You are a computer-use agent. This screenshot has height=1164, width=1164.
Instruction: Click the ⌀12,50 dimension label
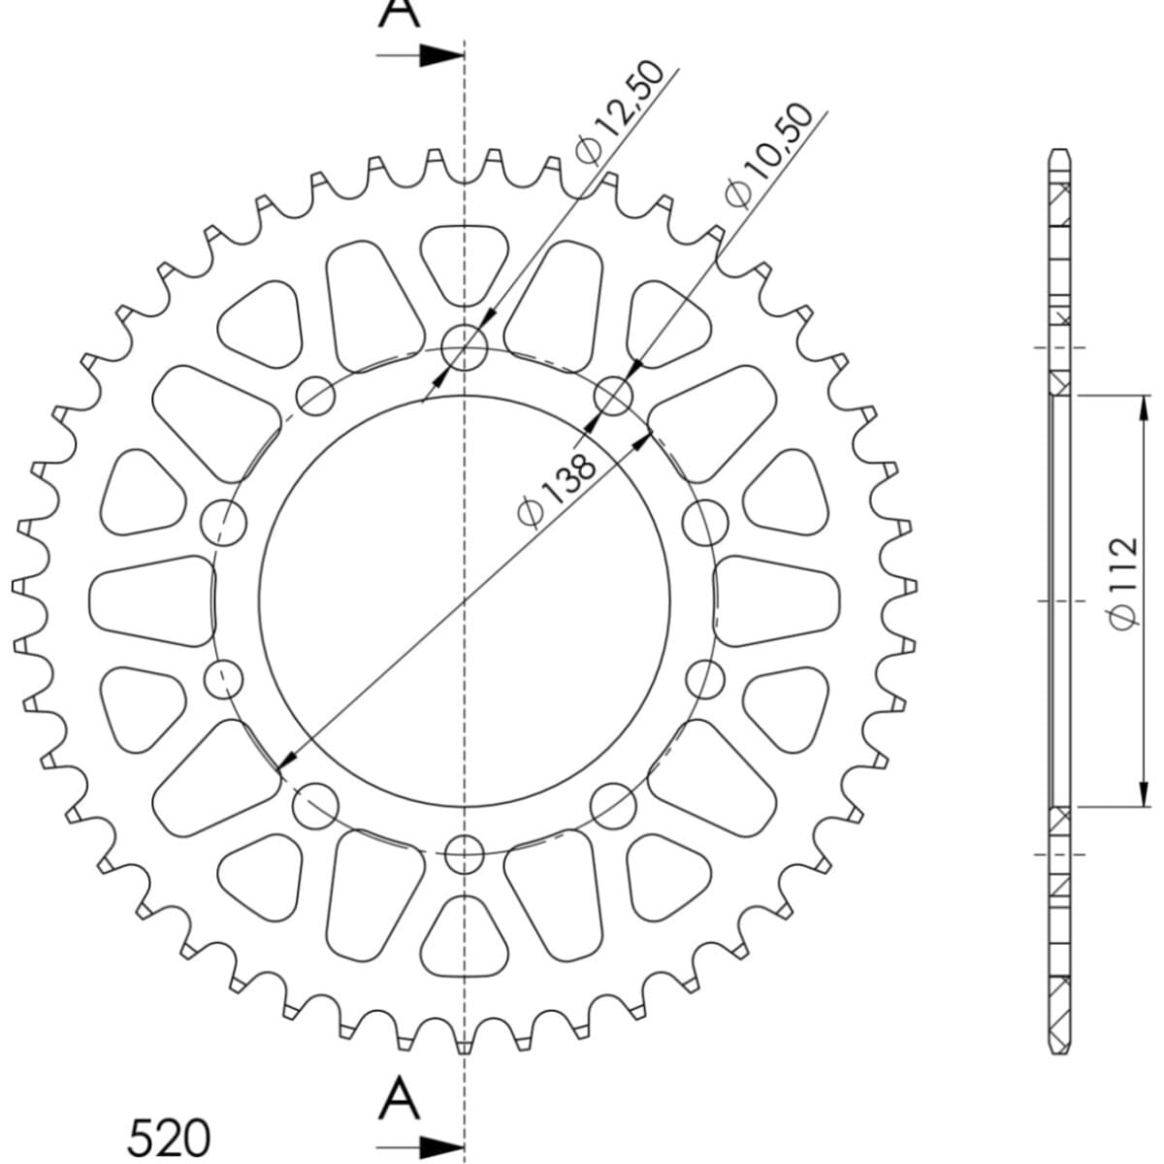click(x=620, y=113)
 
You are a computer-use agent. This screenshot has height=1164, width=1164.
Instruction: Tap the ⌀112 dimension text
click(x=1122, y=583)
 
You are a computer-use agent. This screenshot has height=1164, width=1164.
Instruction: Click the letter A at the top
click(x=400, y=14)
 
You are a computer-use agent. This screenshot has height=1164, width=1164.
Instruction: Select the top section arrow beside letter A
click(x=420, y=55)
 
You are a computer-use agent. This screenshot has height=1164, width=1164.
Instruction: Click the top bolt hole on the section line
click(x=464, y=348)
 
